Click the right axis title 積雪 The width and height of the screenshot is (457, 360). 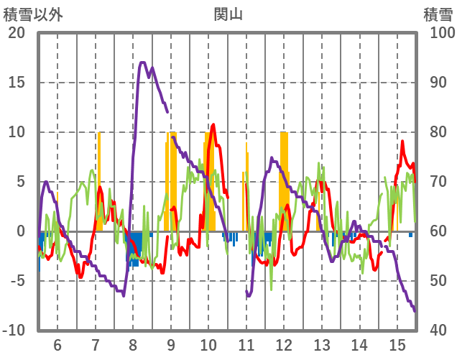click(438, 14)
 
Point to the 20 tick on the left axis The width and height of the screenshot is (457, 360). click(16, 33)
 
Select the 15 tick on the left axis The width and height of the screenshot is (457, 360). click(16, 83)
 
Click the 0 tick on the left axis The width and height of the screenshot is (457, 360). click(20, 231)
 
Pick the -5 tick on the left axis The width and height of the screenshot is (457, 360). click(16, 281)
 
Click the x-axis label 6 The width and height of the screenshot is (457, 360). click(57, 344)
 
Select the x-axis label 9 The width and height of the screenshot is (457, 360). click(171, 344)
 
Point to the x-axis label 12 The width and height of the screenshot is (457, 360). click(284, 344)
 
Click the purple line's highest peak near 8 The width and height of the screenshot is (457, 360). click(142, 63)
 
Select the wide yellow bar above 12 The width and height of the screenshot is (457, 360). click(284, 180)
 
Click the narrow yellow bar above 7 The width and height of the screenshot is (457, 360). click(99, 180)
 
